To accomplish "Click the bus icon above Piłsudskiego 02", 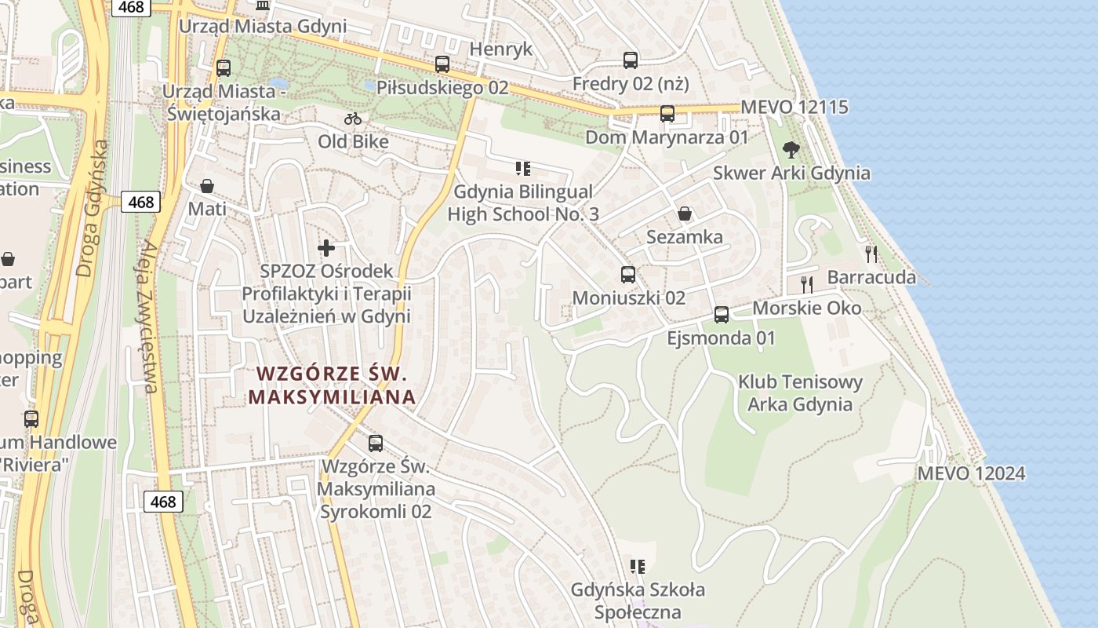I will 442,64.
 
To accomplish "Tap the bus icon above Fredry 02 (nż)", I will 630,60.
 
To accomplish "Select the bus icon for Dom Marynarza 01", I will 667,114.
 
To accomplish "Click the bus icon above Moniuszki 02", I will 627,274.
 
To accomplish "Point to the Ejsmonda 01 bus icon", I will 721,315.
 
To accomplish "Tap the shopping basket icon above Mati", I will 207,186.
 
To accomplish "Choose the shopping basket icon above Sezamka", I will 685,214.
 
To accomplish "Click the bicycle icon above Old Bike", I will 353,119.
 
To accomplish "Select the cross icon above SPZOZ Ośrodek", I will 326,248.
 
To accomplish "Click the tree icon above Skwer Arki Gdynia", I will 791,148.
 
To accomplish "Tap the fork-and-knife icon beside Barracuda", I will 871,254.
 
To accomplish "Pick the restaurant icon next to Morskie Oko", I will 806,284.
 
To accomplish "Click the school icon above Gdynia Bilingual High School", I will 523,168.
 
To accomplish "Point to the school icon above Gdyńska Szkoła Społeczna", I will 637,566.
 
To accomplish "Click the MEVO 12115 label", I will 794,107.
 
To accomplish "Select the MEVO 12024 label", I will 971,473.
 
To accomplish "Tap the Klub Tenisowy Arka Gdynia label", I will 800,393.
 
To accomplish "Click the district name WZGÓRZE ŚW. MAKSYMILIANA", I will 332,385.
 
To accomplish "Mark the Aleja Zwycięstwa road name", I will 147,314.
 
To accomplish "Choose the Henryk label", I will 500,49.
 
